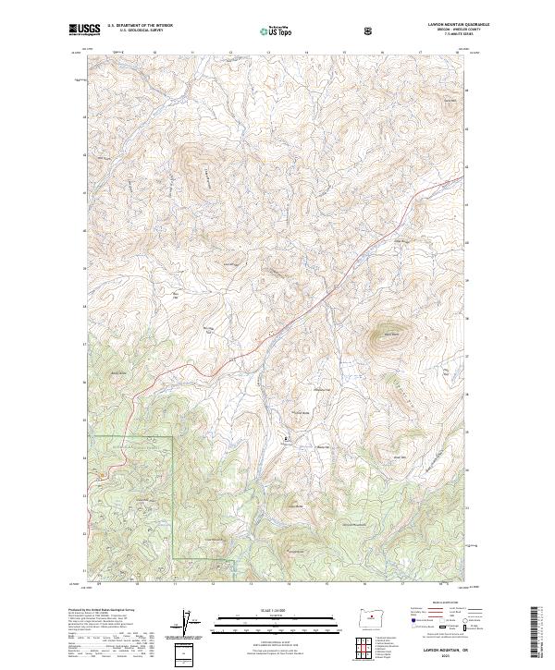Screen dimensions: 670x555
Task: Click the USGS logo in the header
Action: point(85,30)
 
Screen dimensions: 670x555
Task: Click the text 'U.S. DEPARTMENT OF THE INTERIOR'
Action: point(140,27)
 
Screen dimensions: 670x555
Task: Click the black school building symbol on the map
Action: point(285,437)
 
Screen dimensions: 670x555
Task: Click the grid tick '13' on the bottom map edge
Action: point(252,584)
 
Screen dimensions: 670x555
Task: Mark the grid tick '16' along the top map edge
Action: point(382,53)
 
